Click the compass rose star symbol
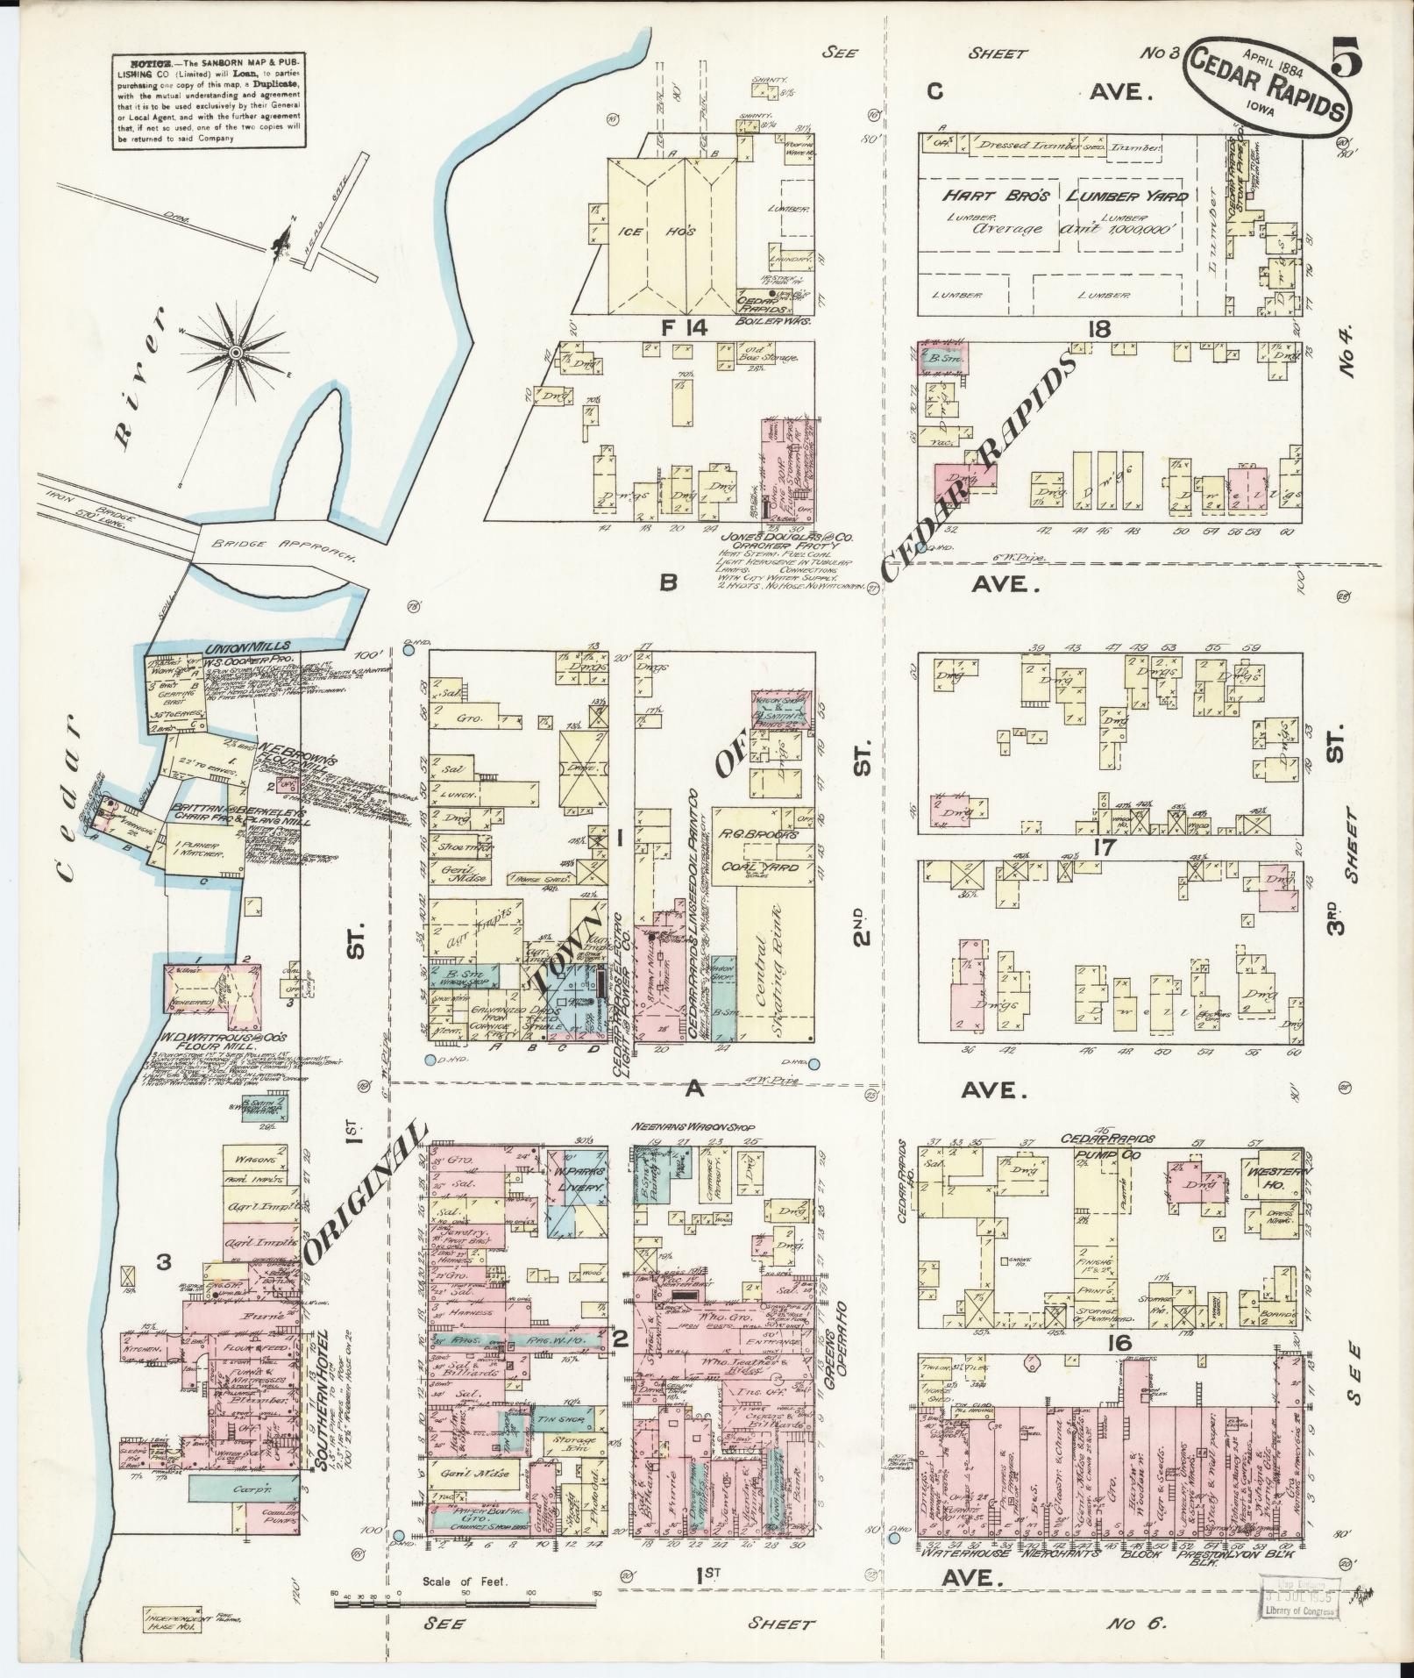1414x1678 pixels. click(x=235, y=352)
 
